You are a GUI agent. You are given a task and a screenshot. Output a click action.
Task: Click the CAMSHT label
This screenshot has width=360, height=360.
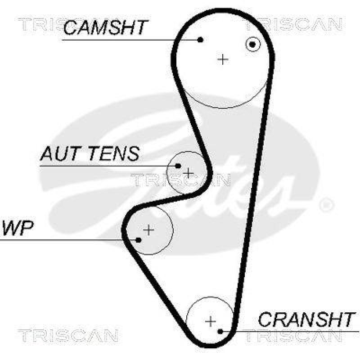click(x=105, y=27)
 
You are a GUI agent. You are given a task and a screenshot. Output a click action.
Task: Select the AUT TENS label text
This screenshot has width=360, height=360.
click(x=90, y=154)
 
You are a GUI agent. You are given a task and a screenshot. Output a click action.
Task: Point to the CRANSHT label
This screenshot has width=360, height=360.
click(x=306, y=319)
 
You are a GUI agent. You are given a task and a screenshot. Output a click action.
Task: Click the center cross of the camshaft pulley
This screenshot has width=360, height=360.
click(x=223, y=59)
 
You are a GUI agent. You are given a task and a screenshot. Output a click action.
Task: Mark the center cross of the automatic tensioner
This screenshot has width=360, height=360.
click(x=188, y=173)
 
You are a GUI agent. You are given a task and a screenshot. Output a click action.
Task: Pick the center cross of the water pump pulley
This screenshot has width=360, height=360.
click(x=148, y=230)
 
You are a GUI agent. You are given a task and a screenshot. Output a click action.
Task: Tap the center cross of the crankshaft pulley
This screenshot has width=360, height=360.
click(x=210, y=321)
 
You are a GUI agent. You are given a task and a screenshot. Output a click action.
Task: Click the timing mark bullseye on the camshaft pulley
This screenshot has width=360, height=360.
click(x=253, y=44)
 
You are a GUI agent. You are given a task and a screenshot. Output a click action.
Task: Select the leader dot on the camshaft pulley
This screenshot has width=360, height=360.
click(x=201, y=40)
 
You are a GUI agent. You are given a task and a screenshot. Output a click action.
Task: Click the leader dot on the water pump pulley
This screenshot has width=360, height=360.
click(x=139, y=239)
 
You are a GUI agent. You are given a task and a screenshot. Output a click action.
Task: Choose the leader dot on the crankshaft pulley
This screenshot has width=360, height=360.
click(x=220, y=332)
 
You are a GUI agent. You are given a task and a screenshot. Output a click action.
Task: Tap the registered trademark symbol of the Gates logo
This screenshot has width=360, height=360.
click(x=326, y=205)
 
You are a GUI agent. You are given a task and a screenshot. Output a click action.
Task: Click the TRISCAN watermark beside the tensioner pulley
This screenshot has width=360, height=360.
click(x=180, y=180)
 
